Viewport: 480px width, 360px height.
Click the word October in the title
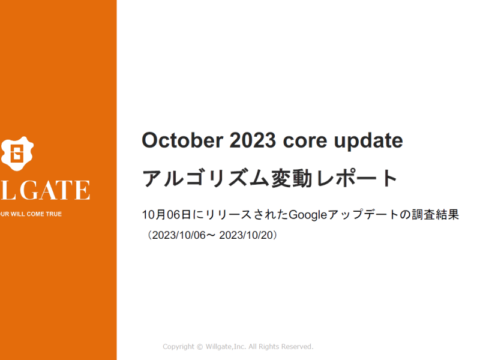coord(182,140)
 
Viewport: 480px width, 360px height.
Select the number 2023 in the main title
coord(253,140)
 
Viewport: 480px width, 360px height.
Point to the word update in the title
coord(368,142)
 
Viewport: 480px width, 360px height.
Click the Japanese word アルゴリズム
coord(206,178)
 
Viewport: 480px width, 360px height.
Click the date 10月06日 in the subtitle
coord(167,215)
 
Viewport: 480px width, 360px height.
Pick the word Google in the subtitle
coord(308,215)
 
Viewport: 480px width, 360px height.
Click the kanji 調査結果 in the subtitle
coord(435,215)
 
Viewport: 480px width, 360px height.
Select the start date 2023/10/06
coord(179,235)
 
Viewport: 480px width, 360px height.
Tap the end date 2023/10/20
coord(246,235)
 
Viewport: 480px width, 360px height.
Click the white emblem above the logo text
coord(17,154)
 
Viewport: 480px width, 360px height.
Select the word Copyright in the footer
coord(178,347)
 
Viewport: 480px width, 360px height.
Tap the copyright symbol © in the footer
coord(200,347)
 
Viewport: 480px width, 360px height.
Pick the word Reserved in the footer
coord(297,347)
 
